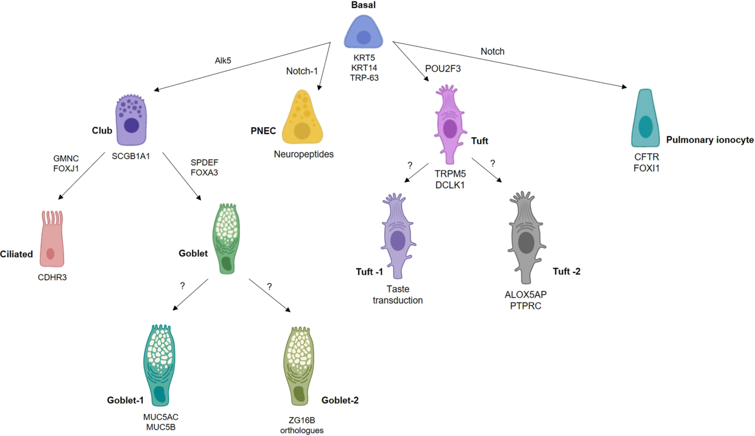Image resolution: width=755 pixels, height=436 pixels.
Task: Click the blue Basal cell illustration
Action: click(x=364, y=34)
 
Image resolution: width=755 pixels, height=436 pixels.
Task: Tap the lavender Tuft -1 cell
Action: click(x=397, y=236)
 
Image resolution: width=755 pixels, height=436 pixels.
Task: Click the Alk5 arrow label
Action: click(x=223, y=60)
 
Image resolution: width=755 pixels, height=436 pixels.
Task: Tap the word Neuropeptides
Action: click(x=303, y=154)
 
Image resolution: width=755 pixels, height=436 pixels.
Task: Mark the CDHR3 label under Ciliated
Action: click(x=54, y=276)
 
